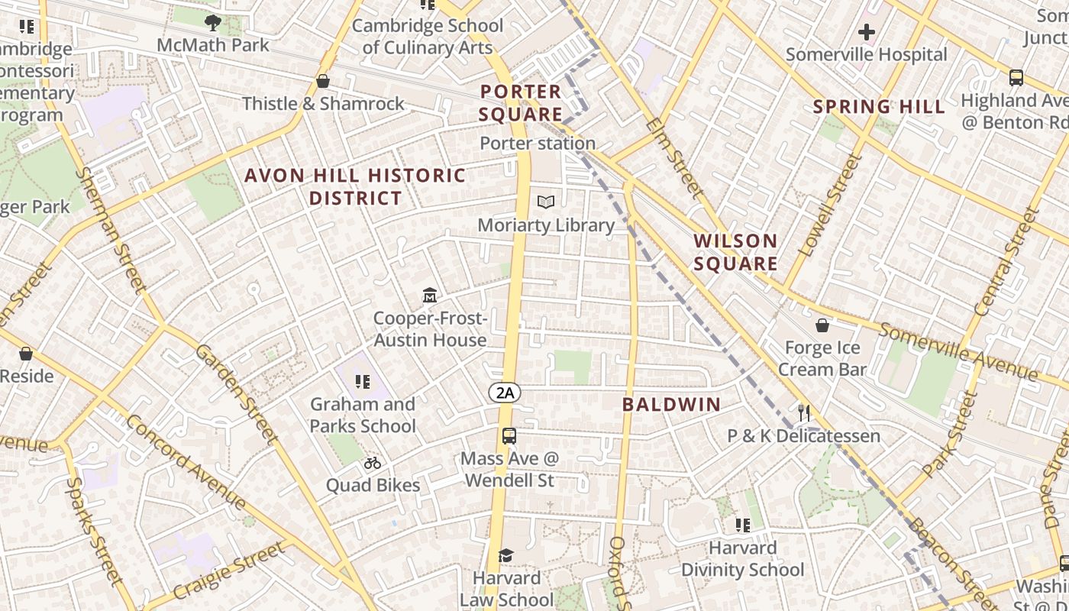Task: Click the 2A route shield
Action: (505, 393)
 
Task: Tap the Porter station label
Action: (538, 143)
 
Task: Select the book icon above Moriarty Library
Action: (546, 202)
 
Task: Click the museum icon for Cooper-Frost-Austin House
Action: (430, 295)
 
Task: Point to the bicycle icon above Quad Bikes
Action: (373, 462)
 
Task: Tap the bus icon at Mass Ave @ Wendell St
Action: (509, 436)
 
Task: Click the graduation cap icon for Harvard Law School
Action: (505, 555)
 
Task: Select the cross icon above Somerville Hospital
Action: (866, 32)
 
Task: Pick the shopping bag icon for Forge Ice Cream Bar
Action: (822, 326)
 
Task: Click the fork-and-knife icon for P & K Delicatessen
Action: (803, 413)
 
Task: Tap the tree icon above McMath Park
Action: (213, 23)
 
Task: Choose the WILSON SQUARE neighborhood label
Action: (735, 252)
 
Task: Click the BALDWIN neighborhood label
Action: (671, 405)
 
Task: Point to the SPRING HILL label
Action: (879, 107)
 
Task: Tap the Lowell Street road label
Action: (829, 204)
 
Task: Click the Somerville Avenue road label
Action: (958, 351)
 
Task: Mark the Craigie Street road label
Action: (229, 571)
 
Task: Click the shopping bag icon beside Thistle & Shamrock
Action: (323, 81)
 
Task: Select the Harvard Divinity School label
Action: (742, 559)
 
